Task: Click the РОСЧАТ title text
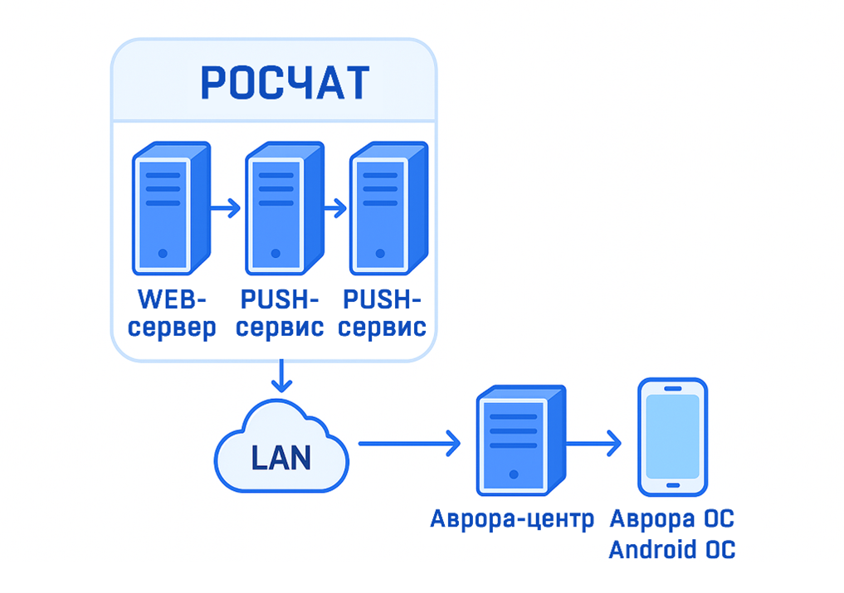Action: point(285,82)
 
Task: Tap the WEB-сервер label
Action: point(173,313)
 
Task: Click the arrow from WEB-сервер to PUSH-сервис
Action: point(225,208)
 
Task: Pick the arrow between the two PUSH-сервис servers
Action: point(334,208)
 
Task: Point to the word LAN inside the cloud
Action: point(281,458)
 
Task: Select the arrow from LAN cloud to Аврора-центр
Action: point(408,443)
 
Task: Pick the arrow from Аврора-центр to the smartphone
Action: point(593,443)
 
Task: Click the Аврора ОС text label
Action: point(671,520)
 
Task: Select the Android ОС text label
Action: point(671,550)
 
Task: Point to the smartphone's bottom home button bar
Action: point(672,485)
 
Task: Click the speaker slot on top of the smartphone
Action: point(672,388)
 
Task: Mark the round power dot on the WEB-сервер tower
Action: point(163,253)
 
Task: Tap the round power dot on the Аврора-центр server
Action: point(514,475)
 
